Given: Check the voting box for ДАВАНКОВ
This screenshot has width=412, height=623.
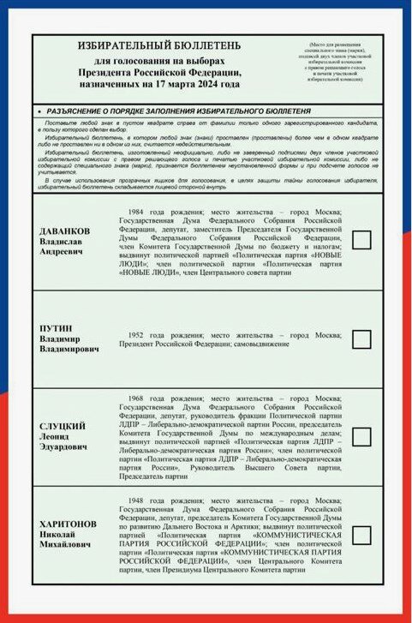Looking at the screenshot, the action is (x=361, y=241).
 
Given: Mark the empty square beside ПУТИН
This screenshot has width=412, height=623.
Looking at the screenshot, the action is (x=361, y=338).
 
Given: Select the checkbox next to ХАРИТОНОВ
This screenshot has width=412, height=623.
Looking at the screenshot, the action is (x=361, y=535).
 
